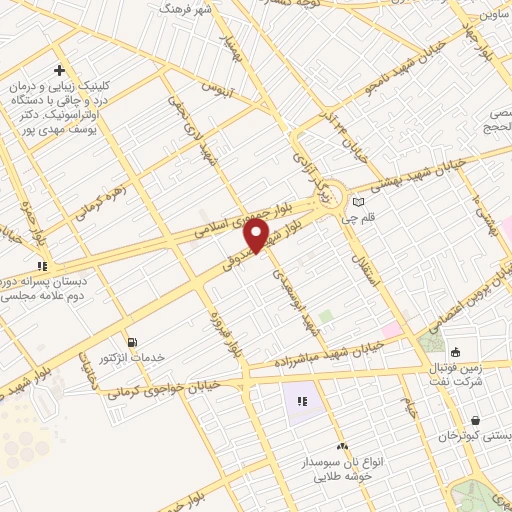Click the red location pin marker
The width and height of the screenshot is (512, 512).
(258, 236)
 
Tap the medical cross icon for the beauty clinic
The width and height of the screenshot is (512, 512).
(60, 71)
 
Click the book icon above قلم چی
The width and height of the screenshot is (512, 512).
(358, 201)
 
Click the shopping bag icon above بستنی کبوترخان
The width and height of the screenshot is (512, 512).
(474, 420)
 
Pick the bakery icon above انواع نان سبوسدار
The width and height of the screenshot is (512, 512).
(341, 445)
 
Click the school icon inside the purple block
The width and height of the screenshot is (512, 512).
(302, 402)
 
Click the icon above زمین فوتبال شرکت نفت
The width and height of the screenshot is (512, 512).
(456, 352)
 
